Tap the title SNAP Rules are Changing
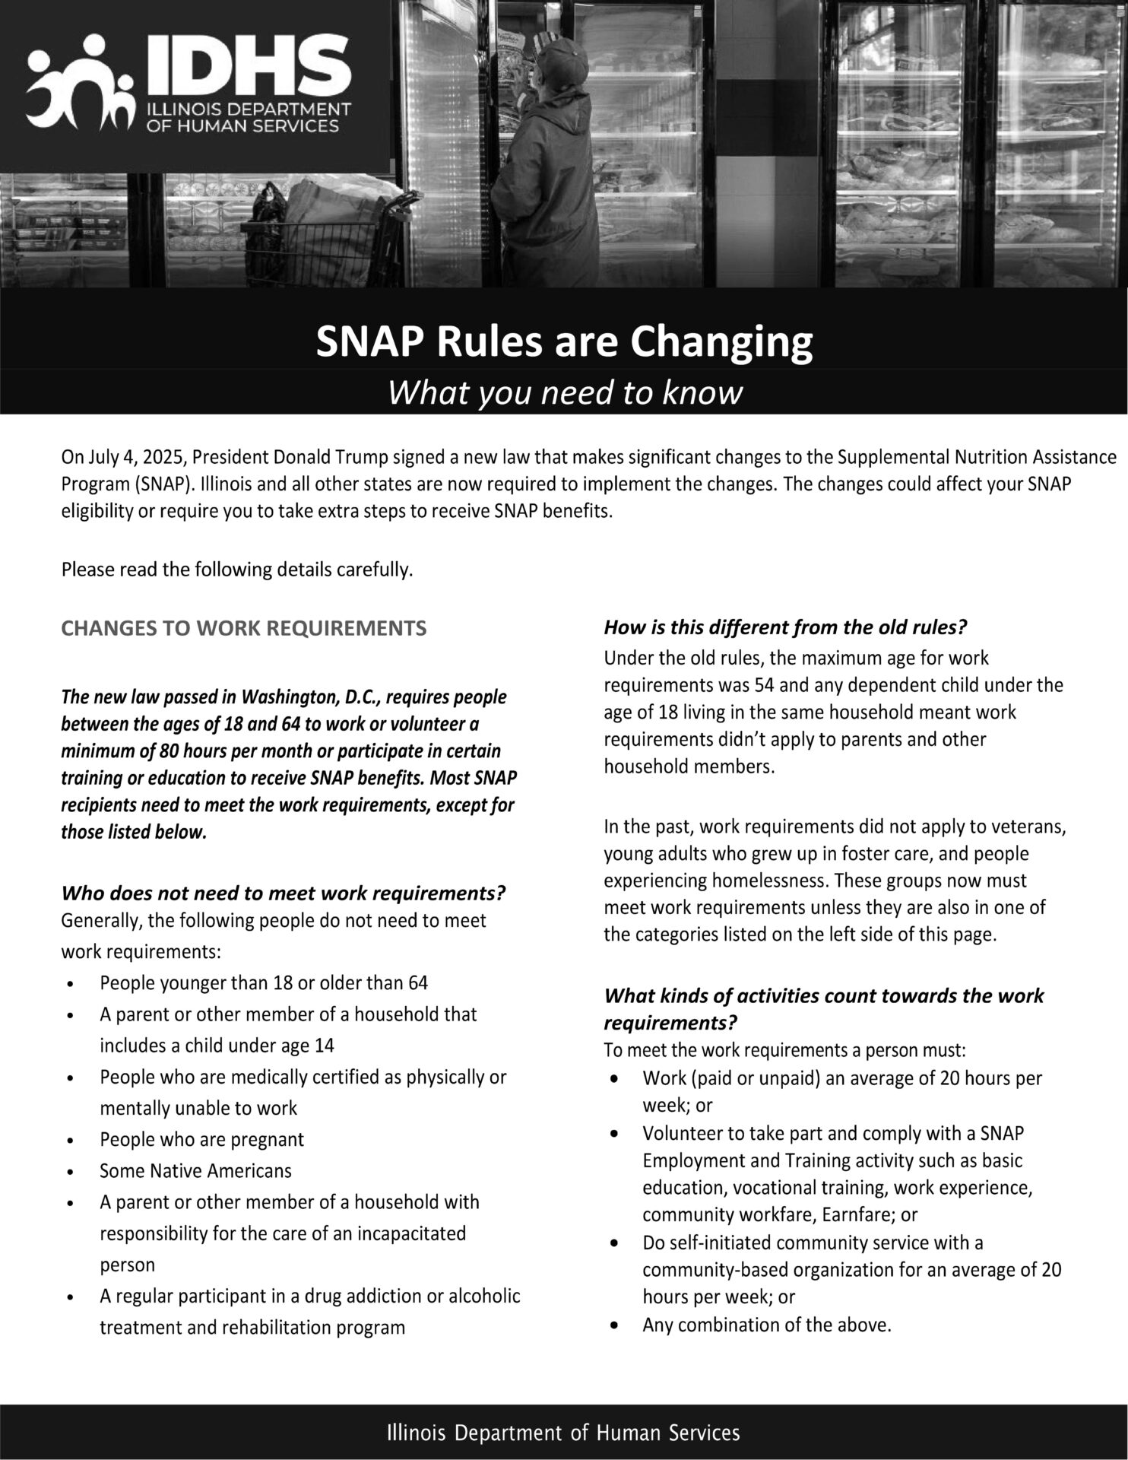(x=564, y=342)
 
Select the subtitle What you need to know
(x=564, y=393)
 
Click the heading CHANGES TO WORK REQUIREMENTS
(x=243, y=628)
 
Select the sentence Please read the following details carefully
(x=237, y=570)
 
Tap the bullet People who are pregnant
(x=201, y=1139)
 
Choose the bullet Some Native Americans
(x=195, y=1170)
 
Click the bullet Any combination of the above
(x=766, y=1325)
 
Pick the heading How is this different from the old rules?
(x=784, y=627)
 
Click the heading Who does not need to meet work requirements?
(x=284, y=892)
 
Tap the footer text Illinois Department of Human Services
(x=563, y=1433)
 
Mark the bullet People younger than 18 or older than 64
(x=264, y=982)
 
